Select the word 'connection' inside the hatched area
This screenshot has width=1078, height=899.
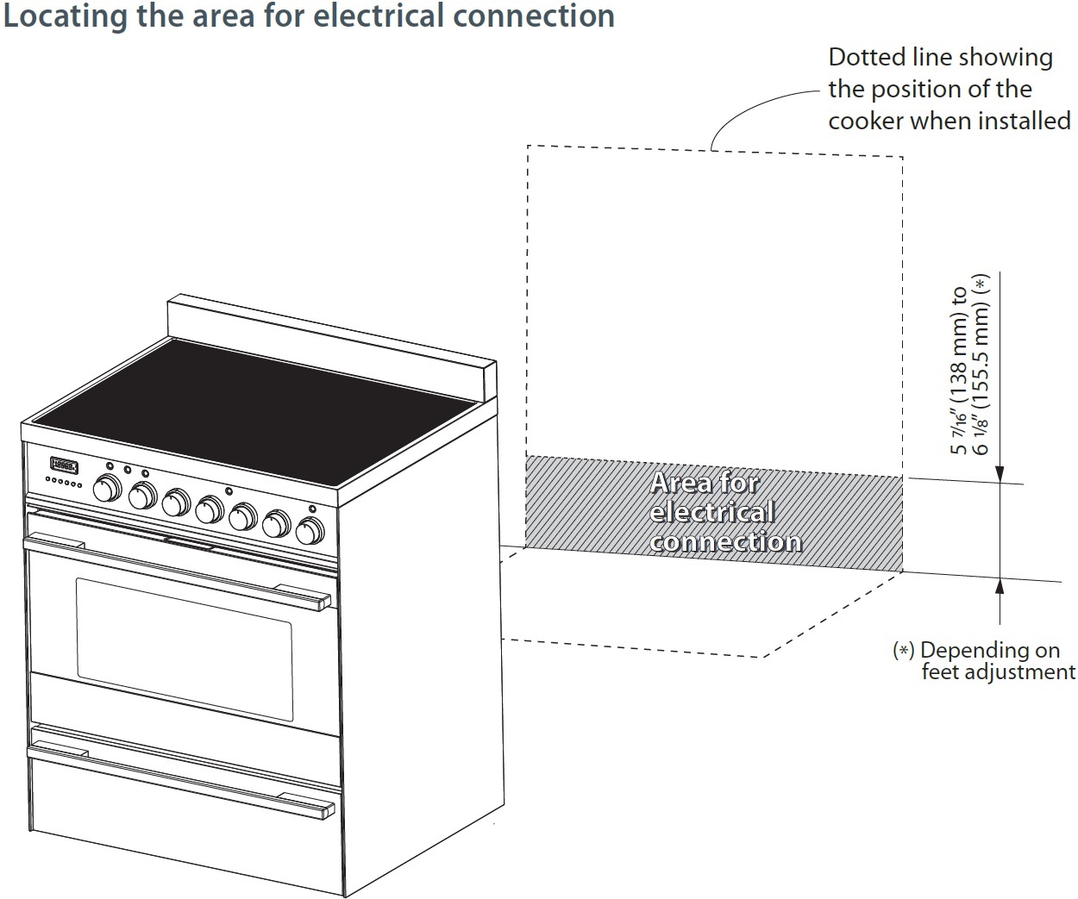(x=726, y=542)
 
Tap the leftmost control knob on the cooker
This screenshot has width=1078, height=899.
(x=107, y=488)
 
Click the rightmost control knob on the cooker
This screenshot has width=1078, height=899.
(x=309, y=531)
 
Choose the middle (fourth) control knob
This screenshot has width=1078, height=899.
(x=209, y=510)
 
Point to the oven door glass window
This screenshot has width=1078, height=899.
(x=183, y=649)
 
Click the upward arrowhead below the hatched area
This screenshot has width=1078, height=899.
(x=1000, y=586)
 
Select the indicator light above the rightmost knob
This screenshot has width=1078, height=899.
(x=312, y=509)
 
